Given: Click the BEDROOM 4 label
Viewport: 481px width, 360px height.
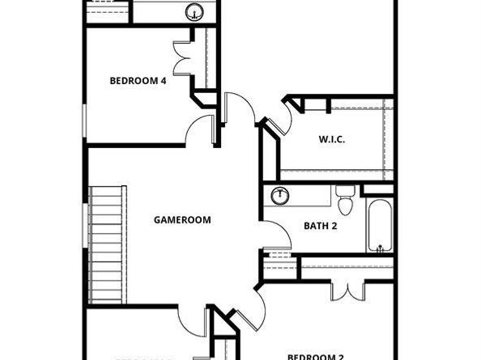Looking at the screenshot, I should point(138,80).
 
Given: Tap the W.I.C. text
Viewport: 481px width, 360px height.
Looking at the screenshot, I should point(331,140).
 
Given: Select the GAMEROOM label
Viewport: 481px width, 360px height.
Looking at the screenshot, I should point(182,219).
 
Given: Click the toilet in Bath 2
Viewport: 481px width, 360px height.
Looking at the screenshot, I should point(345,200).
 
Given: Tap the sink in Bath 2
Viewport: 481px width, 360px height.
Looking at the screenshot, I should point(279,195).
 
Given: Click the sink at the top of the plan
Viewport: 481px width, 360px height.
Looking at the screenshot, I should point(194,11).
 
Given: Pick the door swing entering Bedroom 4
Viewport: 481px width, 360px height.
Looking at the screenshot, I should point(198,129).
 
